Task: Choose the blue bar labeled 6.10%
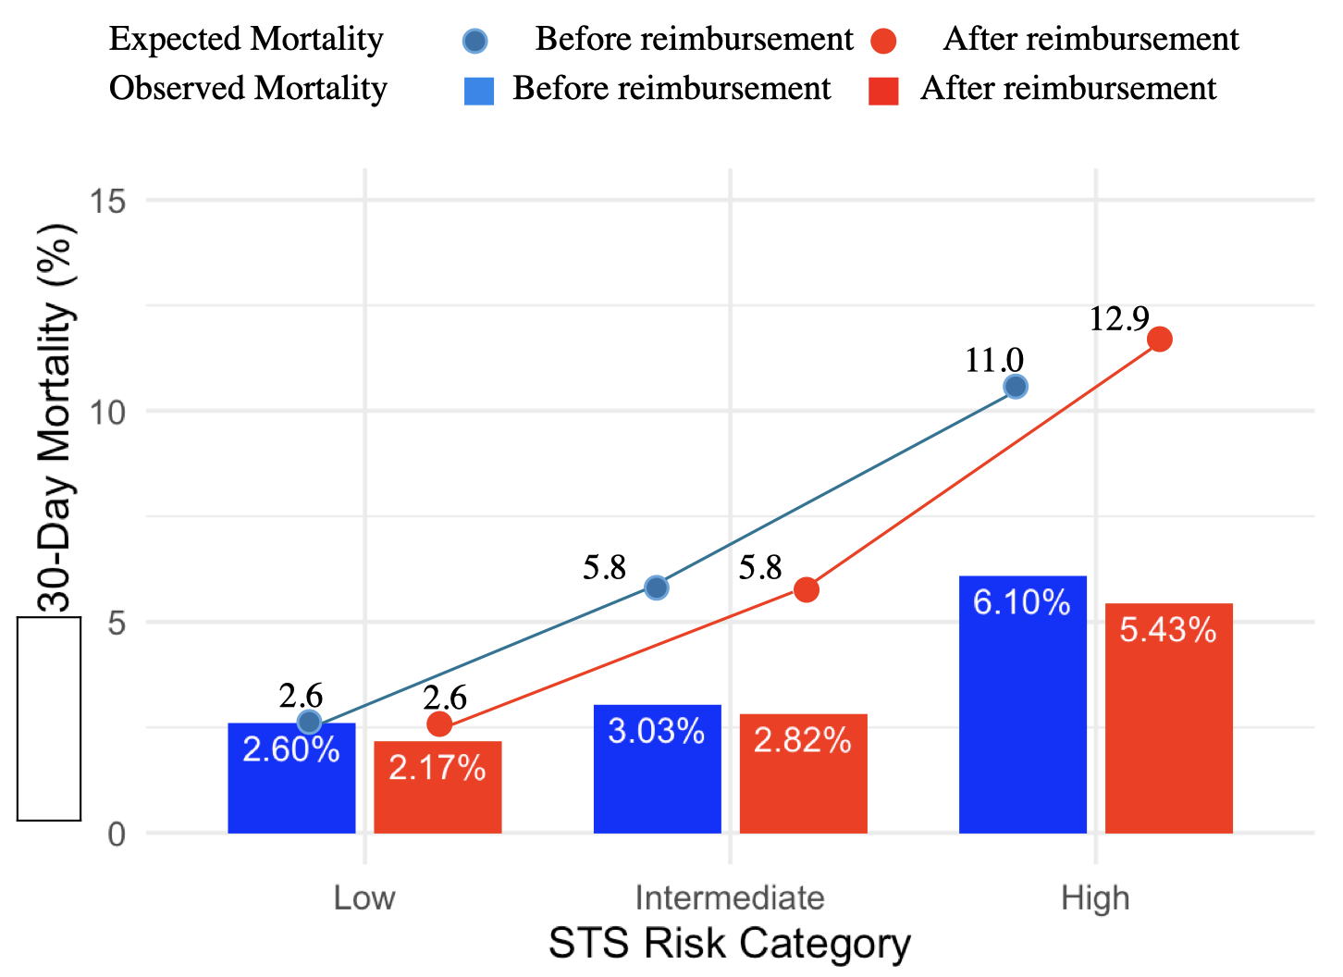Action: pyautogui.click(x=1022, y=704)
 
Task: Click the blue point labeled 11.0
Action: pyautogui.click(x=1016, y=386)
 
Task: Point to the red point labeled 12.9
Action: pyautogui.click(x=1159, y=340)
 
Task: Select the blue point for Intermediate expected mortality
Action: pyautogui.click(x=656, y=587)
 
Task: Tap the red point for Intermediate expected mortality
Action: pyautogui.click(x=807, y=589)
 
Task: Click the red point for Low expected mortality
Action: pyautogui.click(x=439, y=723)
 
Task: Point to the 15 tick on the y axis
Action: pyautogui.click(x=108, y=201)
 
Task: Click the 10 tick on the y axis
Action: pyautogui.click(x=108, y=412)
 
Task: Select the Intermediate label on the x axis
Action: pyautogui.click(x=730, y=897)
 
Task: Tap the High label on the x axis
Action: pyautogui.click(x=1095, y=897)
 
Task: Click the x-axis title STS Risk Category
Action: pyautogui.click(x=730, y=944)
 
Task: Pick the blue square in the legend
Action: pyautogui.click(x=479, y=90)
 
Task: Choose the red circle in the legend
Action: pyautogui.click(x=883, y=41)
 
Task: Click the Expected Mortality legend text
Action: pyautogui.click(x=246, y=39)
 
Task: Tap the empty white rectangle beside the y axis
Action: pyautogui.click(x=49, y=719)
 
